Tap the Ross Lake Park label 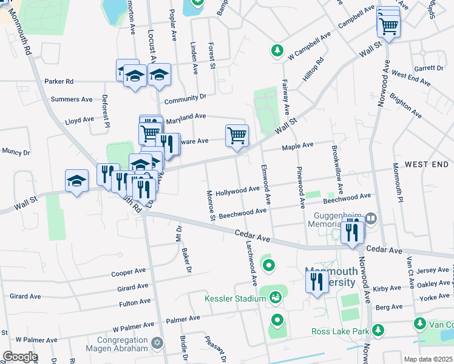(x=339, y=331)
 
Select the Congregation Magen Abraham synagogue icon (x=158, y=344)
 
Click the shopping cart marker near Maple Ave (x=236, y=136)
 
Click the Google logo (x=19, y=356)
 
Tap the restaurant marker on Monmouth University (x=316, y=281)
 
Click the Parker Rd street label (x=59, y=81)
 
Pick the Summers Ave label (x=72, y=99)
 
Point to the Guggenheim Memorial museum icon (x=371, y=218)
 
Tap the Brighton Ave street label (x=405, y=105)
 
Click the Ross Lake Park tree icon (x=378, y=329)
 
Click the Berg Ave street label (x=389, y=308)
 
